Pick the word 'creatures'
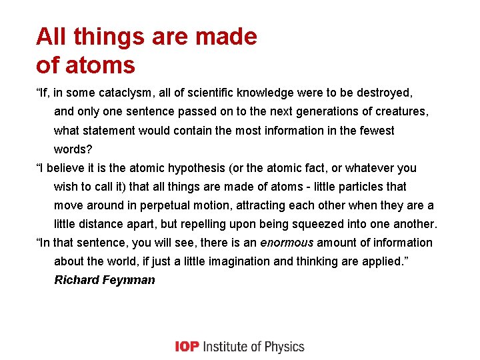[401, 112]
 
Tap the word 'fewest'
[375, 131]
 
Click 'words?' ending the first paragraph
[73, 149]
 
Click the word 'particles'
[351, 187]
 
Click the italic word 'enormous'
[286, 243]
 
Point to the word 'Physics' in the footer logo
[284, 347]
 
